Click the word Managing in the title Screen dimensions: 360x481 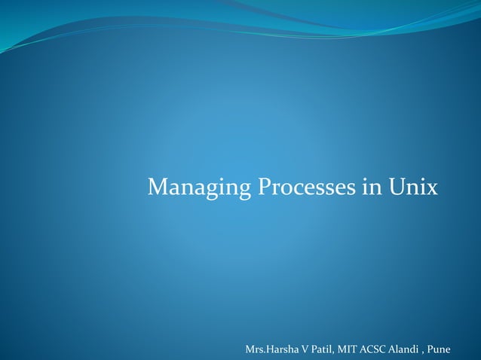point(199,187)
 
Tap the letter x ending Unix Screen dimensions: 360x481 point(431,188)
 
